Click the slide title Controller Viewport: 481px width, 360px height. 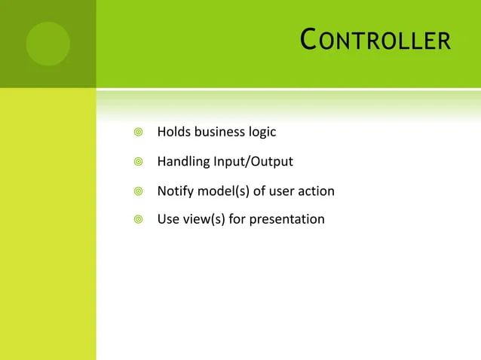375,40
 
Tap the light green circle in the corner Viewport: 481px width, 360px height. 47,44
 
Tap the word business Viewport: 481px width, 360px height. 219,133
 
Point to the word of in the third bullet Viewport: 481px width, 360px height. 259,191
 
